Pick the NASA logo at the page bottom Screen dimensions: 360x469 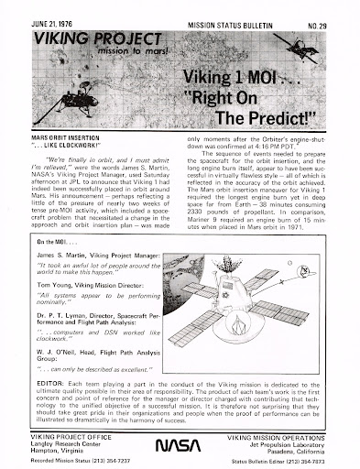(x=180, y=443)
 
